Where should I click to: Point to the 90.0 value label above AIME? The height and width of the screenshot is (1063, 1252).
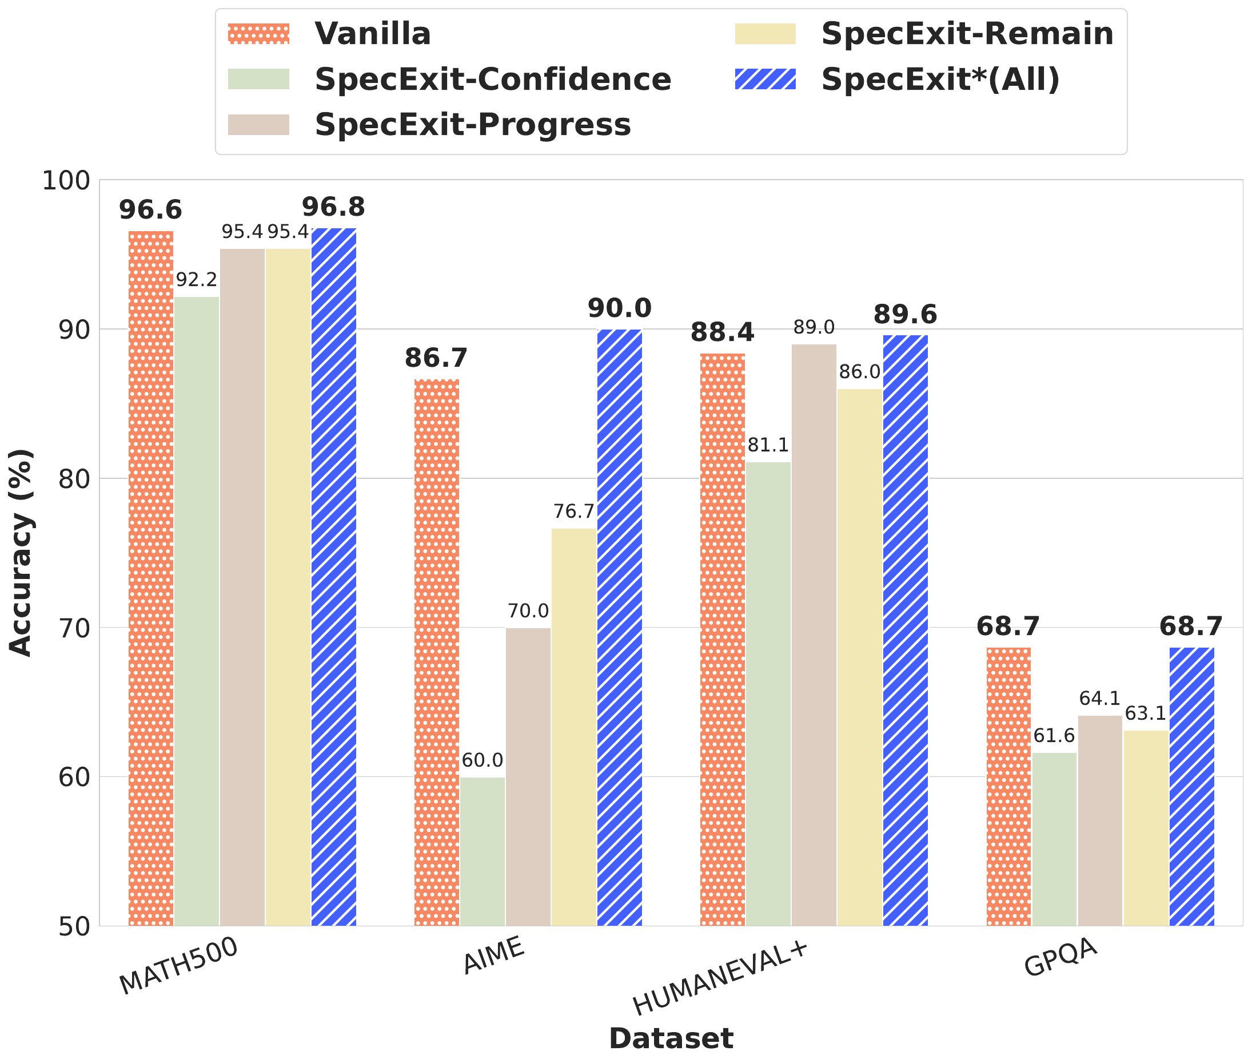coord(620,308)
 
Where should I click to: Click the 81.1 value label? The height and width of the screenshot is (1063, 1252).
coord(768,445)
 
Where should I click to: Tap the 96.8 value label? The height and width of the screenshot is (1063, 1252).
coord(334,207)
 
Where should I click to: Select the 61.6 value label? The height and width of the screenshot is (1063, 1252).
coord(1054,736)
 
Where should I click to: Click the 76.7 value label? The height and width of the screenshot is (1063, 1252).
coord(574,511)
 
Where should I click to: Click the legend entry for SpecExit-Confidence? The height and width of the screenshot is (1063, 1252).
coord(492,80)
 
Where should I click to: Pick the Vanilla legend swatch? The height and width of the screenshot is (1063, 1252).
coord(258,34)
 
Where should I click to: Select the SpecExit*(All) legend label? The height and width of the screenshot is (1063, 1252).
coord(940,80)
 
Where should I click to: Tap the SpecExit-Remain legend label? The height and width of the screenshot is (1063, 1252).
coord(967,34)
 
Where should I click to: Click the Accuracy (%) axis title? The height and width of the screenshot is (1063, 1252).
coord(21,553)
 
